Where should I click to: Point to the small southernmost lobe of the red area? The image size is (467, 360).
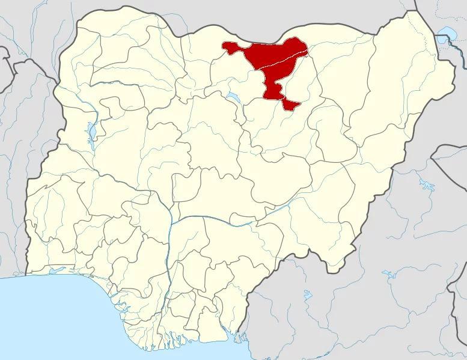tap(291, 105)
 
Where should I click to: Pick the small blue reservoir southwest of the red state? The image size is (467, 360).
tap(232, 96)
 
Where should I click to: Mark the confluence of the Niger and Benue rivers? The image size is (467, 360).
tap(171, 222)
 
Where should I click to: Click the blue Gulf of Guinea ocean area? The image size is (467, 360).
tap(72, 325)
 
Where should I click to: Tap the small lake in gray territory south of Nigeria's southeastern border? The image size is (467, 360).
tap(307, 295)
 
